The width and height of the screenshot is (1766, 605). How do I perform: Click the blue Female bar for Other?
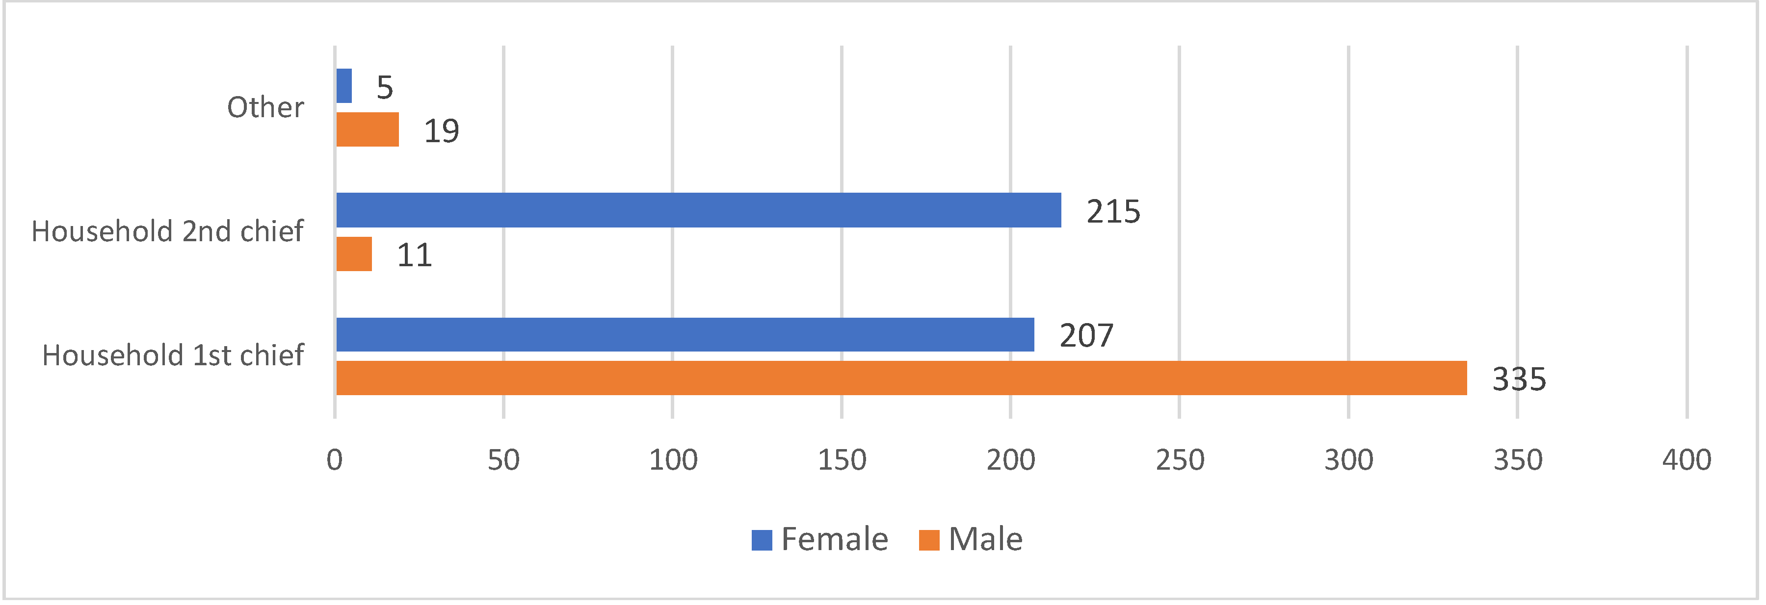[x=344, y=86]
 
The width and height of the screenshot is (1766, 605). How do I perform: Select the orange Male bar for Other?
[x=368, y=129]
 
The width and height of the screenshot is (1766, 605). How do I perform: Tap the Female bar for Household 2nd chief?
[x=698, y=210]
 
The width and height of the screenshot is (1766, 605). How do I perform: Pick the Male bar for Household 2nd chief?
[x=354, y=254]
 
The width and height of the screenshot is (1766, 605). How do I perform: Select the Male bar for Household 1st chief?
[x=901, y=378]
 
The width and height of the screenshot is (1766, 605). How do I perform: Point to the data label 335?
[x=1519, y=379]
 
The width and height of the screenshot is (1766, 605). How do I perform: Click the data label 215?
[x=1113, y=212]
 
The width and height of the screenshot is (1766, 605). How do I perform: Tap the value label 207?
[x=1086, y=336]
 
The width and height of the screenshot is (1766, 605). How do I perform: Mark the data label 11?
[x=415, y=255]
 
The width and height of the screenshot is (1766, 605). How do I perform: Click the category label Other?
[x=265, y=107]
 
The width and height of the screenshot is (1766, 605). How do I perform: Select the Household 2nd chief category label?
[x=167, y=231]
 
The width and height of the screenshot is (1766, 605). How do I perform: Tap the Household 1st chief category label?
[x=173, y=355]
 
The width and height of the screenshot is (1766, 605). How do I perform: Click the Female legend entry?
[x=820, y=539]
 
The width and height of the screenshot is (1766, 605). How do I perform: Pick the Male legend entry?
[x=971, y=539]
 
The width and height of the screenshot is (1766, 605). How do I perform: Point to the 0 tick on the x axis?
[x=335, y=460]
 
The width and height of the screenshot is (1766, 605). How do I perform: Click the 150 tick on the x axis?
[x=842, y=460]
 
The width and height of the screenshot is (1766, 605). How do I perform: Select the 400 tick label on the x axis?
[x=1687, y=460]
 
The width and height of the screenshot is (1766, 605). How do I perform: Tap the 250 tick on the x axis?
[x=1180, y=460]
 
